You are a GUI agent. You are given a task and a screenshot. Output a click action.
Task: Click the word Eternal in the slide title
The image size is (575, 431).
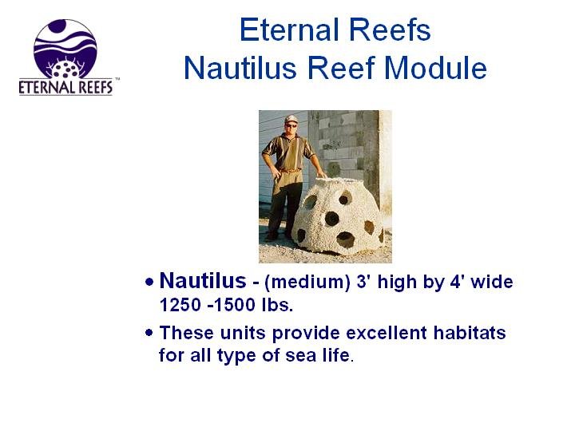pos(290,30)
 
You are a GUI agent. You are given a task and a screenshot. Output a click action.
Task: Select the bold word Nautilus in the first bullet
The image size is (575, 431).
pos(203,281)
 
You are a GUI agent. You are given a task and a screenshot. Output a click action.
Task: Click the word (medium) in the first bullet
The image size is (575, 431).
pos(307,283)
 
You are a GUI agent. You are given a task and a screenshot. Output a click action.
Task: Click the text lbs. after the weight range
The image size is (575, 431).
pos(278,305)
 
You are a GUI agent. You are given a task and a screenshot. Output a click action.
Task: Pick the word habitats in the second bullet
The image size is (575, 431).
pos(470,333)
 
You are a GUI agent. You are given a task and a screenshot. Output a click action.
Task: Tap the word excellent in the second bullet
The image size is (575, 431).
pos(387,333)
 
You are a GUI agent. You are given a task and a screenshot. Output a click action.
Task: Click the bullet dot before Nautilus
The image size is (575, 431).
pos(149,283)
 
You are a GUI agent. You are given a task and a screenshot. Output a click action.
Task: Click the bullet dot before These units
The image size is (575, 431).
pos(149,333)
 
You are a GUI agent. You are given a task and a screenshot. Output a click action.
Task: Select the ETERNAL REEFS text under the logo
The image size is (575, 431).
pos(65,87)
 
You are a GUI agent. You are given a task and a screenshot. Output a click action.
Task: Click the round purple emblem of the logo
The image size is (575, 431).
pos(65,49)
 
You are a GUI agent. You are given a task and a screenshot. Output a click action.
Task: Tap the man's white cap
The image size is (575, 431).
pos(291,119)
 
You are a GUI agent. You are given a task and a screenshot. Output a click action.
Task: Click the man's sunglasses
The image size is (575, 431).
pos(291,126)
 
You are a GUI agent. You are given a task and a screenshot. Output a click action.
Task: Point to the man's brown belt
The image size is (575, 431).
pos(290,170)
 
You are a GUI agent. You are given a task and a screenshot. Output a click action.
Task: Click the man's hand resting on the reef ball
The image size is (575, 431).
pos(321,175)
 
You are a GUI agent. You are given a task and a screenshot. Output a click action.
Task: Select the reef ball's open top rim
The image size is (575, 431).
pos(339,180)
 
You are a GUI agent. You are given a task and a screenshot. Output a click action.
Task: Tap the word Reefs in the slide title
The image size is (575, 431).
pos(390,30)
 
